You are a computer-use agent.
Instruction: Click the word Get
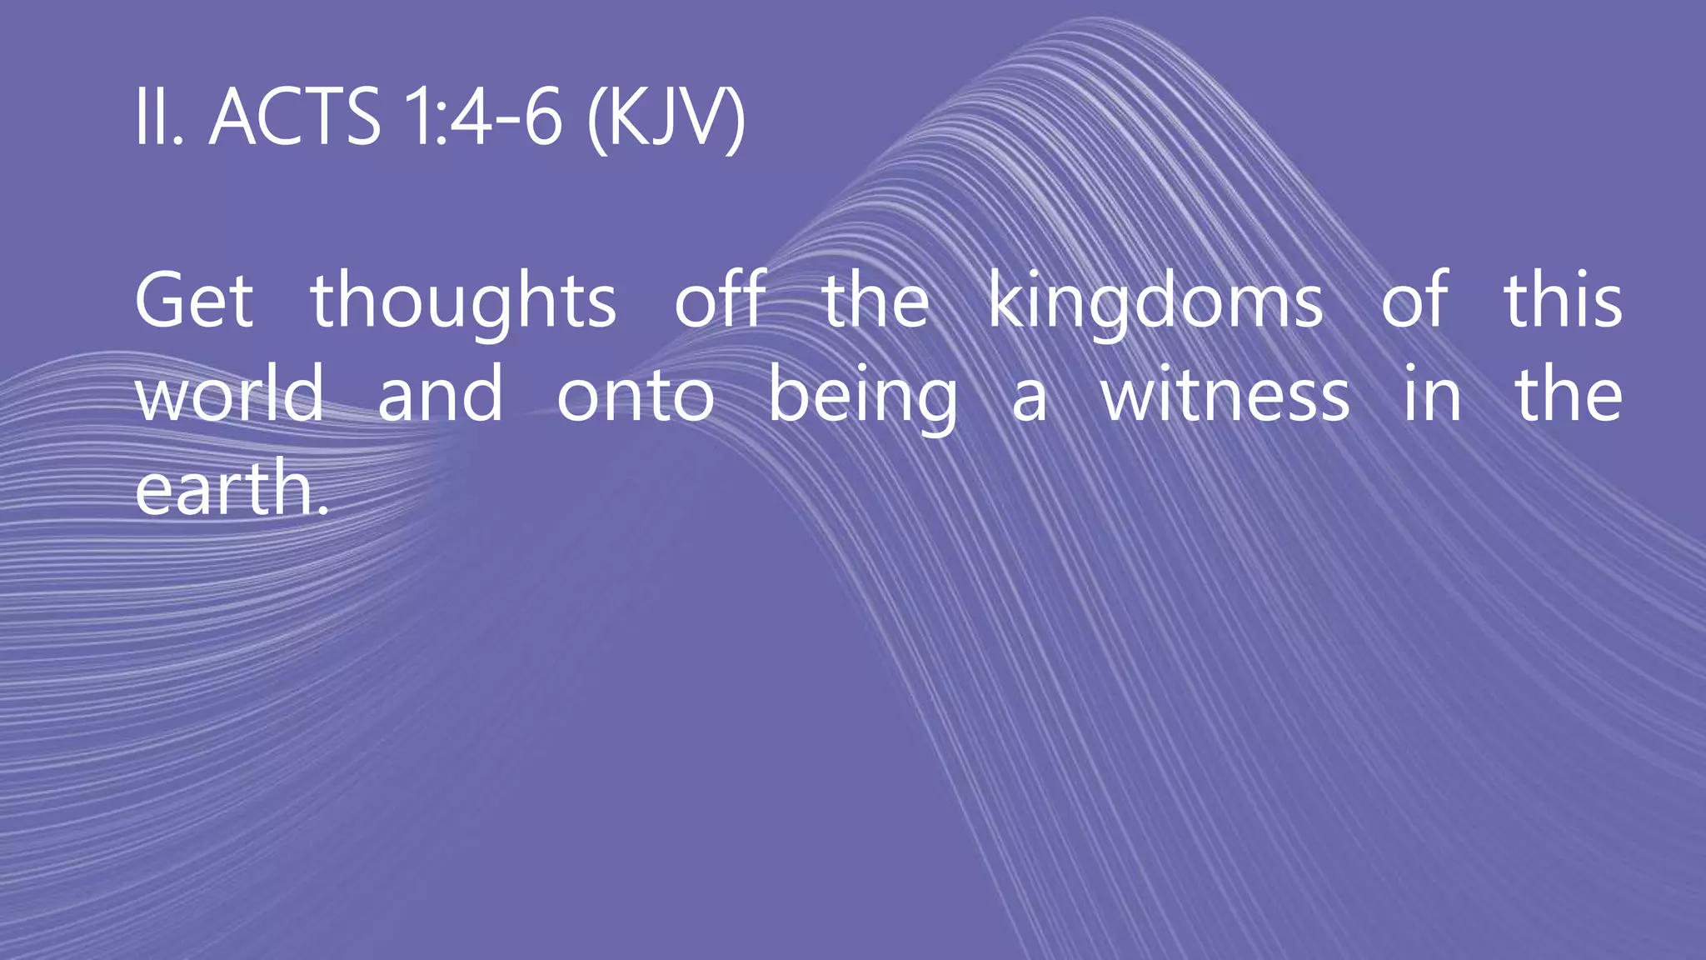pos(194,300)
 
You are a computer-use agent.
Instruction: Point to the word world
pos(229,393)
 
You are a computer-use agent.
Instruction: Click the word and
pos(441,393)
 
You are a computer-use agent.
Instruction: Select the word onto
pos(636,395)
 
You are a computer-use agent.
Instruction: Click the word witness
pos(1225,393)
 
